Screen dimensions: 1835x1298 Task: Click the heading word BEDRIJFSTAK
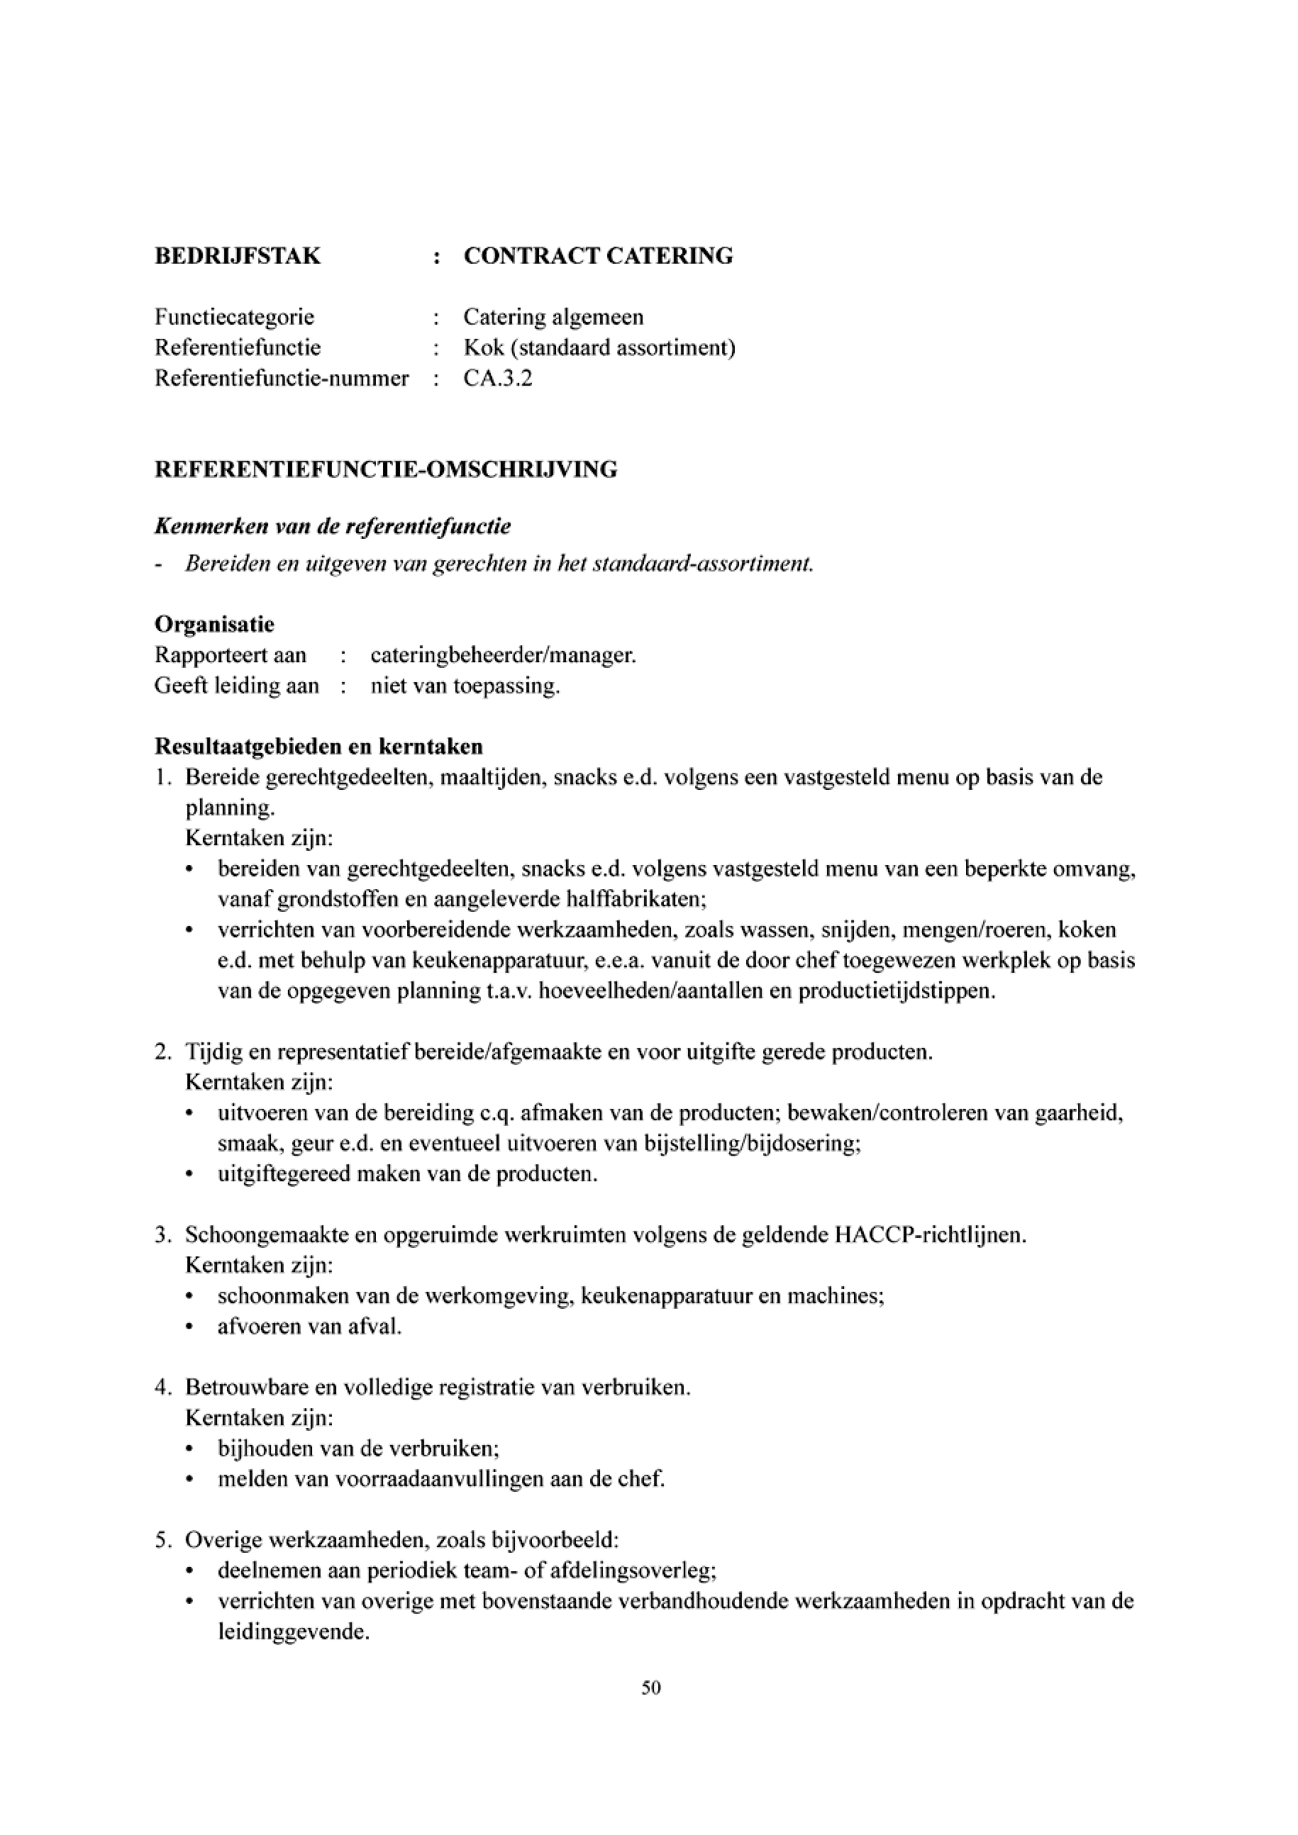point(238,256)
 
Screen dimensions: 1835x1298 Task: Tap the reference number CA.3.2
point(497,378)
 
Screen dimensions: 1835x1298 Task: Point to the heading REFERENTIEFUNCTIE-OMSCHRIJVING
point(385,469)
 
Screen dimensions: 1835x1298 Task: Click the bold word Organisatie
point(214,624)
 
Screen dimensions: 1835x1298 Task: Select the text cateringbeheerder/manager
point(503,655)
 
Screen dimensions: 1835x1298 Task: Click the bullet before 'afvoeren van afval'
point(189,1327)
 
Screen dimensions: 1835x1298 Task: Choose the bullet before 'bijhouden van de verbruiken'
point(189,1448)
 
